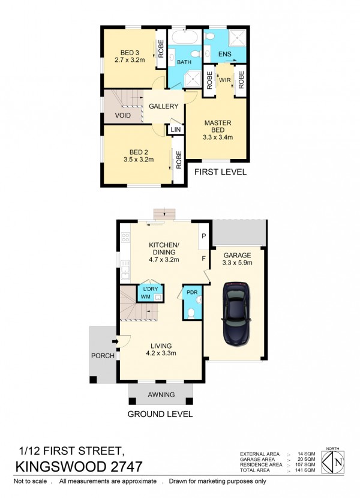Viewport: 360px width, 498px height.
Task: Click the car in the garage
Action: click(x=236, y=314)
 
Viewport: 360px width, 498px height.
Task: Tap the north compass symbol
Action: click(x=332, y=462)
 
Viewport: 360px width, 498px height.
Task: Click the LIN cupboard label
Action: click(x=176, y=130)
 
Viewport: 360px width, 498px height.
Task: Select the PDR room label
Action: click(x=192, y=292)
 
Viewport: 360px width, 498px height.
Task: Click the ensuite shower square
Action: click(x=238, y=38)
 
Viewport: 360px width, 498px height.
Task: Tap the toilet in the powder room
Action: click(x=191, y=313)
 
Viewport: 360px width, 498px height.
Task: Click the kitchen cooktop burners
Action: click(x=125, y=238)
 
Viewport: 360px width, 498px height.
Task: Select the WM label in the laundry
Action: click(x=146, y=297)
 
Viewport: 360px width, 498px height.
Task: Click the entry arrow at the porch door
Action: click(x=115, y=342)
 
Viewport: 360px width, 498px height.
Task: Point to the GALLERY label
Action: click(x=164, y=106)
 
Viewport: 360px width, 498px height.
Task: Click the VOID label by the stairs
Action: click(x=122, y=115)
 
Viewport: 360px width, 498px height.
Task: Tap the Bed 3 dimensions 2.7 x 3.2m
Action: click(x=130, y=60)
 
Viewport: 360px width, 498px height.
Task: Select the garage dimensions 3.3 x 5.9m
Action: click(x=238, y=263)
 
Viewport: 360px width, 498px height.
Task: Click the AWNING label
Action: click(x=161, y=395)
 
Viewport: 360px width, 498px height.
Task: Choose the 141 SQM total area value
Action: click(x=307, y=470)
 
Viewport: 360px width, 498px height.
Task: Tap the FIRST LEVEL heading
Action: click(x=221, y=172)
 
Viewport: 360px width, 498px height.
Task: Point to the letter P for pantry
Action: click(x=204, y=236)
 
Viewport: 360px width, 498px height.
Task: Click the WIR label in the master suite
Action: click(x=225, y=80)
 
